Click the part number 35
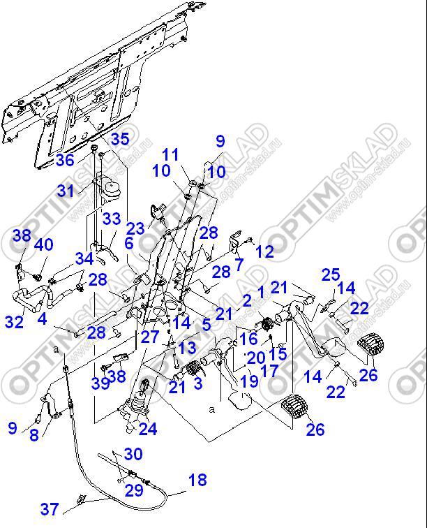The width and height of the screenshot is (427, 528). [x=120, y=139]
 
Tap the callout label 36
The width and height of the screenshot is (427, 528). [x=65, y=160]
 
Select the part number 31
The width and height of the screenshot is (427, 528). [x=66, y=191]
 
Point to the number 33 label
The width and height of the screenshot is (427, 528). [x=112, y=219]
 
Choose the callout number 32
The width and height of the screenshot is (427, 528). [x=14, y=322]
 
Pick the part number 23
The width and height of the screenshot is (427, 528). [x=135, y=228]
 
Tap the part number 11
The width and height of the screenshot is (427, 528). [x=171, y=154]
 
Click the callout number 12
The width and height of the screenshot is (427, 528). [x=264, y=251]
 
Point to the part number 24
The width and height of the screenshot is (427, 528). [x=148, y=428]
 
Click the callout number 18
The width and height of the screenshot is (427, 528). [x=197, y=480]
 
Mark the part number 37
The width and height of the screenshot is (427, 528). [x=49, y=509]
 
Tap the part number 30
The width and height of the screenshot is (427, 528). [x=133, y=454]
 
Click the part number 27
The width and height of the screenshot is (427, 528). [x=150, y=337]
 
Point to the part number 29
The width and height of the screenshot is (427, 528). [x=134, y=490]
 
